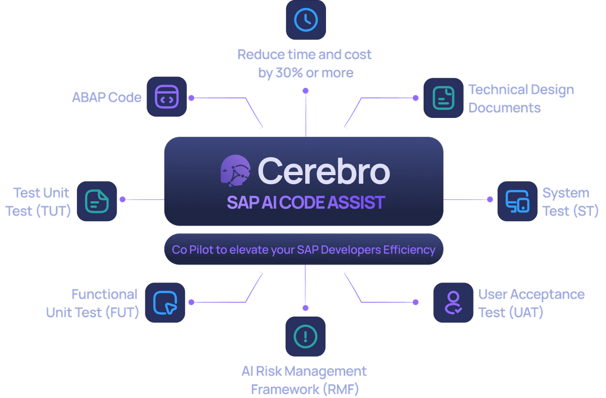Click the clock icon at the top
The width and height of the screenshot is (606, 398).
pos(306,20)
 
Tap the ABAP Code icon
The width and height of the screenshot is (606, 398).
pos(167,97)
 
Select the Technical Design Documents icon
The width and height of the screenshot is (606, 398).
pos(443,98)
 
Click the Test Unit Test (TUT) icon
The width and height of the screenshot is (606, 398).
pos(97,201)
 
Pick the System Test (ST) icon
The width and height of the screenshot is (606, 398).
pos(517,201)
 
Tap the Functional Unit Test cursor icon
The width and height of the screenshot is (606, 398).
pos(165,303)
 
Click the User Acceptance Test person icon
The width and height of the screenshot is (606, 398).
pos(453,303)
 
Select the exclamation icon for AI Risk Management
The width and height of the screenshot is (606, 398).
pos(305,336)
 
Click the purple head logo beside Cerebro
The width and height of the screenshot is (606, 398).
pos(235,171)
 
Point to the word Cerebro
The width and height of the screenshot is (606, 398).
pos(324,171)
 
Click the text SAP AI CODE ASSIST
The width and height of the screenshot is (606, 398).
pos(306,203)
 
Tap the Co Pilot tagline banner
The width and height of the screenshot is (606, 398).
pos(304,249)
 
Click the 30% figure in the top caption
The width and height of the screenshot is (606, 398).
pos(289,73)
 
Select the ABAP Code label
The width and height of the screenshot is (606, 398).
pos(107,97)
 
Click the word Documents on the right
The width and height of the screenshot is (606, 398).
pos(504,108)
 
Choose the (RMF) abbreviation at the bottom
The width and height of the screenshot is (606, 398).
pos(341,389)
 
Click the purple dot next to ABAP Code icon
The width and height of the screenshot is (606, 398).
pos(191,98)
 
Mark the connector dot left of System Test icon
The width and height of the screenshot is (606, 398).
pos(490,200)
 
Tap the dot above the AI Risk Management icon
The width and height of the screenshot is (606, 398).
pos(305,308)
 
